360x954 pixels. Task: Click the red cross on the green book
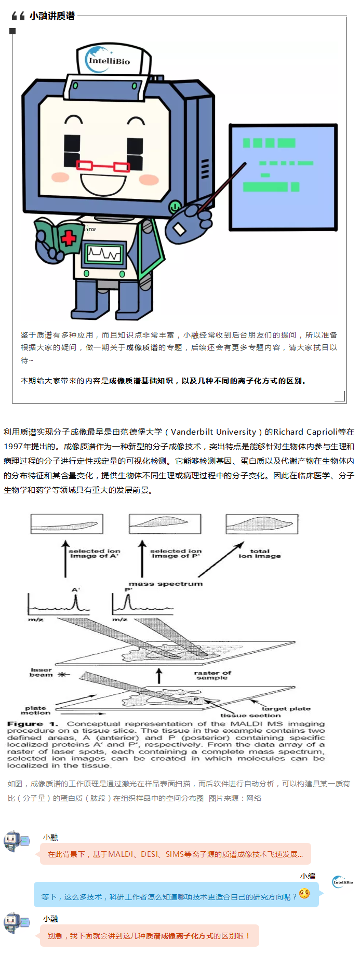(68, 238)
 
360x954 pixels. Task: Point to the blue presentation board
(283, 177)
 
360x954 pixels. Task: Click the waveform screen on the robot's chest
(103, 253)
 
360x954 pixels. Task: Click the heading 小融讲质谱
(52, 16)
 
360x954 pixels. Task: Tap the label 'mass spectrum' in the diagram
(166, 584)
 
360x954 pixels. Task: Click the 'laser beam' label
(42, 672)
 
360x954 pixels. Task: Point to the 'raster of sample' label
(212, 675)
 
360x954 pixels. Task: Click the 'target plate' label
(286, 708)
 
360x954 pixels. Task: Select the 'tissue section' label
(250, 715)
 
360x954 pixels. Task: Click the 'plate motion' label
(36, 710)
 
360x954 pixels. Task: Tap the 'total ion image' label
(260, 553)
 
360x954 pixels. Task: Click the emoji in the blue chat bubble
(304, 893)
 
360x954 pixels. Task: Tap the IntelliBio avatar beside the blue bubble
(343, 882)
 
